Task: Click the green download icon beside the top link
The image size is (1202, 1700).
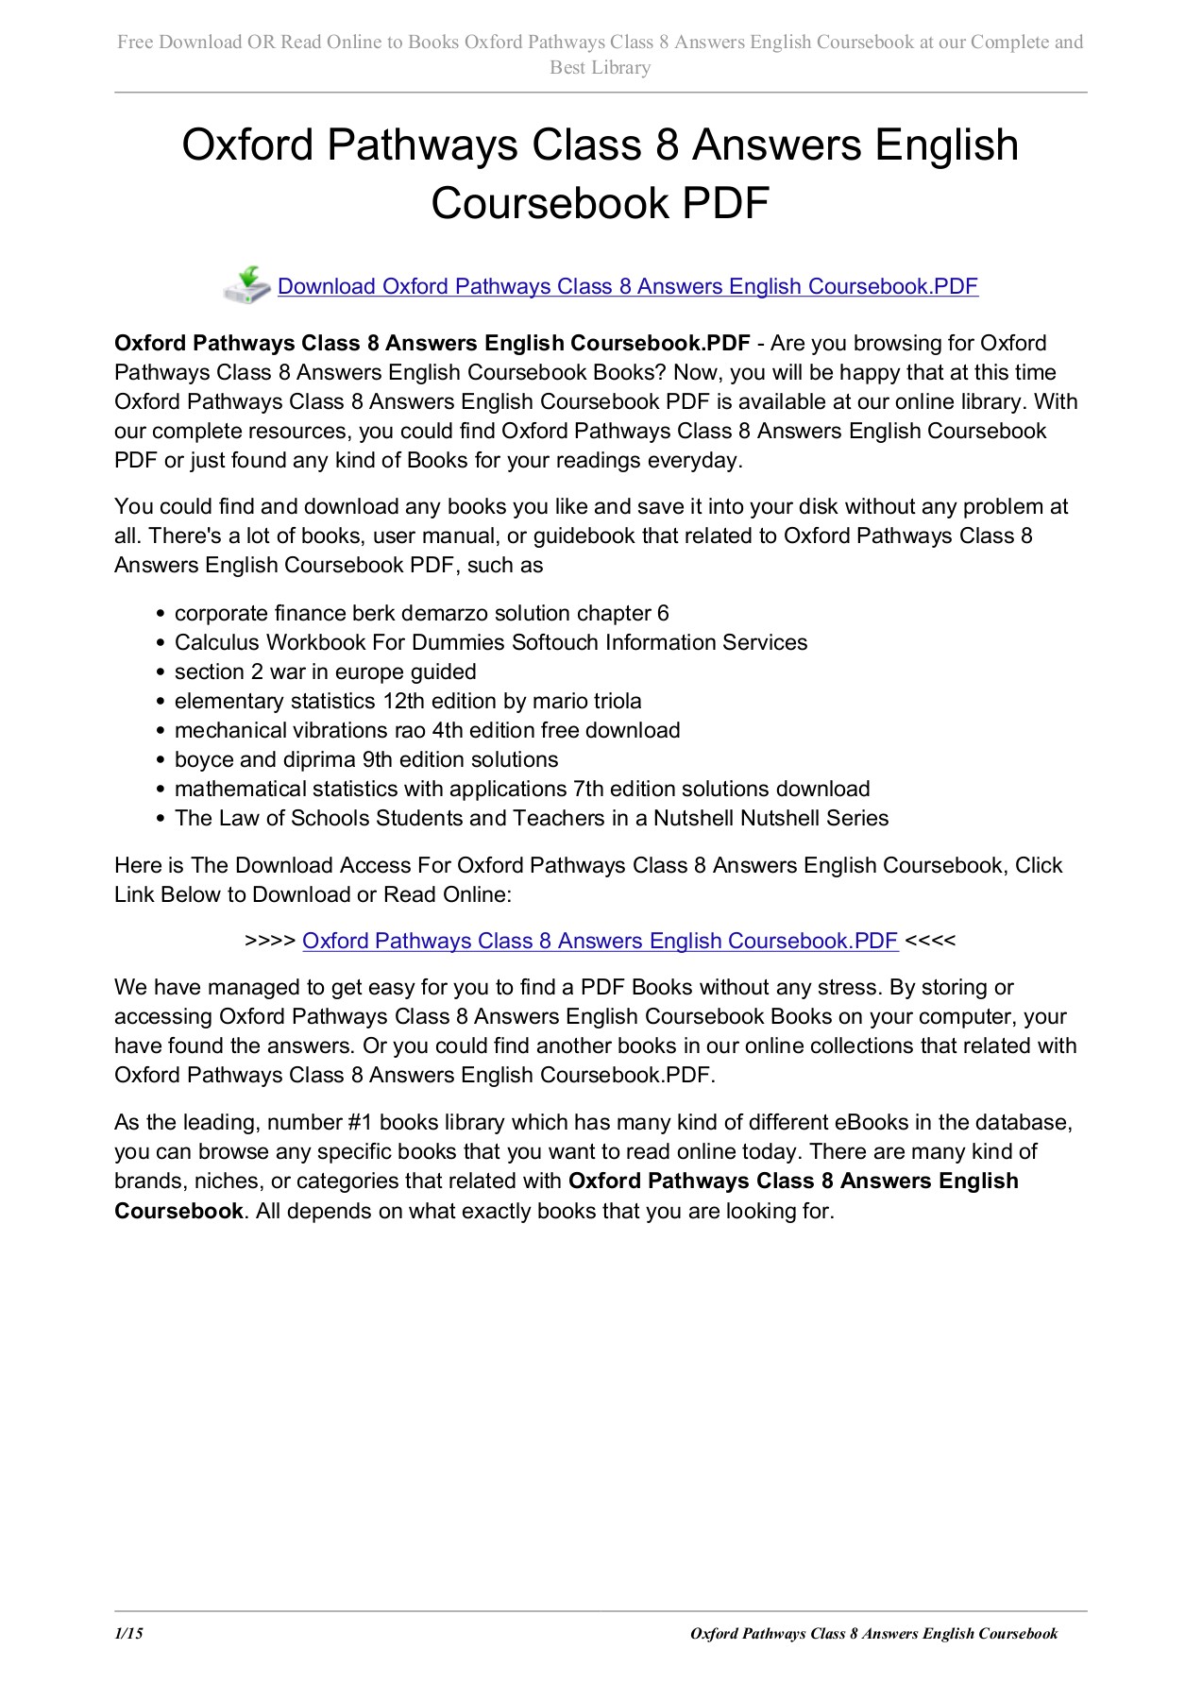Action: coord(247,285)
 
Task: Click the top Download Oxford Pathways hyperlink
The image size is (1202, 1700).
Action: coord(627,286)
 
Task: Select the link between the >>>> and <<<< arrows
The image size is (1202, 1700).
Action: coord(600,941)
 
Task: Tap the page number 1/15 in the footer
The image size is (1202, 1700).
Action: coord(128,1634)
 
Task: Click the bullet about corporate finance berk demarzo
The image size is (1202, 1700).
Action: coord(421,614)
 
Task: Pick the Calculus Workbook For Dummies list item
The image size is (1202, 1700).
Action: coord(491,643)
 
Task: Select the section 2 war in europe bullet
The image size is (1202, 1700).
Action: coord(325,672)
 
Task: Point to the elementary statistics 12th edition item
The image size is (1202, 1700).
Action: coord(408,702)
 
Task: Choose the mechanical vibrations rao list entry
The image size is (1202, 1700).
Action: coord(427,731)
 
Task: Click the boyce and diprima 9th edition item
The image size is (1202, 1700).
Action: coord(366,760)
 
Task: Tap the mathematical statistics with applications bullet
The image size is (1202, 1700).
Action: coord(522,790)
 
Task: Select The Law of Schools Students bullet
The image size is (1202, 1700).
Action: coord(532,819)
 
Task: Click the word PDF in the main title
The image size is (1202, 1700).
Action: coord(726,203)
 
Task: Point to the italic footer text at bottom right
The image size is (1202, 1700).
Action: coord(873,1634)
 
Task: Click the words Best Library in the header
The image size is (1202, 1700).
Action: coord(601,68)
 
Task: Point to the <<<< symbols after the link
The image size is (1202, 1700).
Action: coord(930,941)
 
